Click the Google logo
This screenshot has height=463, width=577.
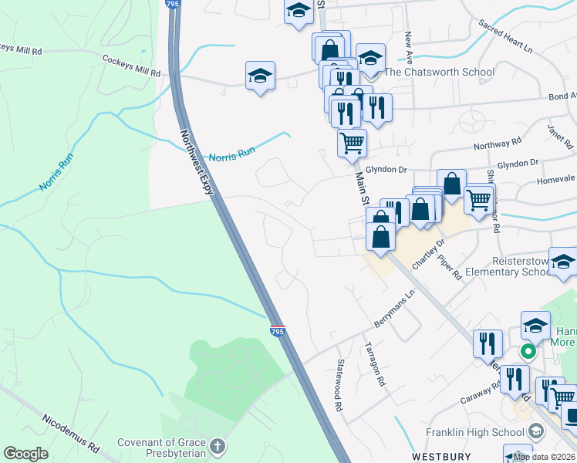[25, 454]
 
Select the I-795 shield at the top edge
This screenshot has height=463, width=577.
[172, 5]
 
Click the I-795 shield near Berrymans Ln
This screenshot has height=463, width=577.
[278, 331]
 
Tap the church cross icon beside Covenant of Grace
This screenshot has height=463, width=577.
[218, 447]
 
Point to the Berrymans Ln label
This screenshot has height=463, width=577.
[395, 314]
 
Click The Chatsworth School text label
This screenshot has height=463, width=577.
[439, 73]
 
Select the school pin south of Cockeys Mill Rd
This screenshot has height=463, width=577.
[261, 76]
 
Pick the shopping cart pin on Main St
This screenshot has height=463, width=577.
[352, 143]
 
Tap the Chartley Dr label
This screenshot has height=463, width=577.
[429, 253]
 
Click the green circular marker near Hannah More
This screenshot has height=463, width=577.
[528, 353]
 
